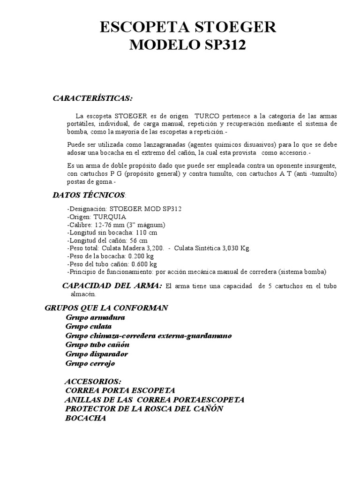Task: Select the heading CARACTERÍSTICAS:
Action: point(92,98)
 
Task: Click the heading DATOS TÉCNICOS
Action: point(89,194)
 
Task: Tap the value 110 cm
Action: point(147,232)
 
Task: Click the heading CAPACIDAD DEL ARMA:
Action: point(112,286)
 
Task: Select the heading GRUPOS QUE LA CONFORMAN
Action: point(106,308)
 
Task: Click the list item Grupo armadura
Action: point(95,317)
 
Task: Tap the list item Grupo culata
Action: point(89,326)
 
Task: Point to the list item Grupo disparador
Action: point(97,354)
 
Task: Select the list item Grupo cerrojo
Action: point(90,363)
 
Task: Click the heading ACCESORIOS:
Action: point(93,381)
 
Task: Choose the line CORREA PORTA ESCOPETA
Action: point(120,390)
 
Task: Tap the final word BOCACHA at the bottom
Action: point(86,418)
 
